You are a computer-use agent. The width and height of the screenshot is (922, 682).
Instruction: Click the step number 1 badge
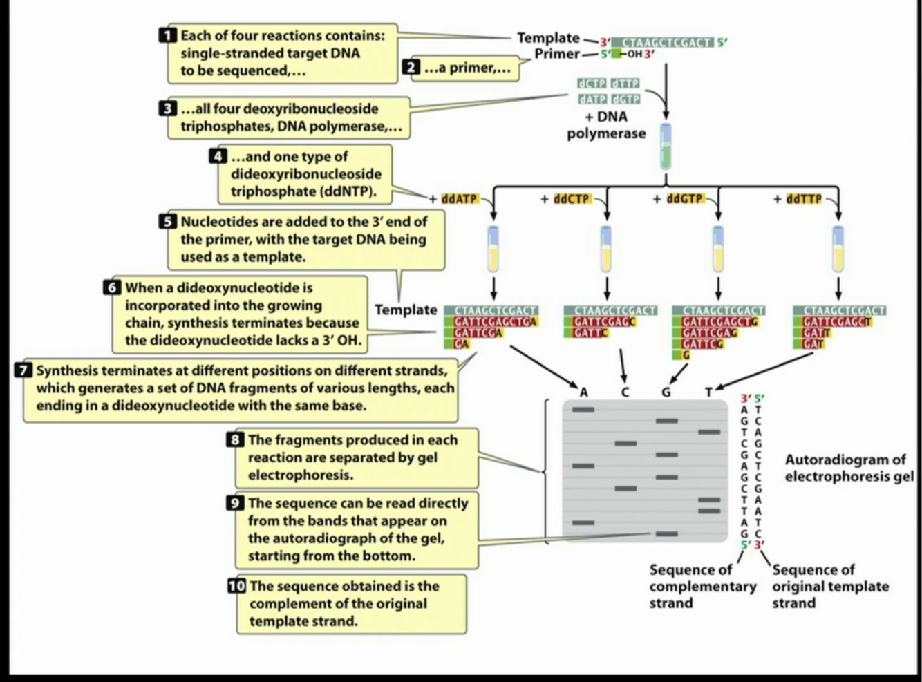coord(168,35)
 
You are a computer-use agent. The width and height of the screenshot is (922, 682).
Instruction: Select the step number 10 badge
coord(236,586)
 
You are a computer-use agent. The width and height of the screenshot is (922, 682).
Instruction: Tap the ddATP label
coord(459,199)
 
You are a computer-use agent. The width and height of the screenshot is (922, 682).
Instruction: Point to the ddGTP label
coord(684,199)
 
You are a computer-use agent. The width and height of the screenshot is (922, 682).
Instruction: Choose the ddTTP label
coord(804,199)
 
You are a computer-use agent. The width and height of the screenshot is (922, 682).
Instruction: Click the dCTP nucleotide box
coord(592,84)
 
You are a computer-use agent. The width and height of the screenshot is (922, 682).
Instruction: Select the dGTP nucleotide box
coord(625,99)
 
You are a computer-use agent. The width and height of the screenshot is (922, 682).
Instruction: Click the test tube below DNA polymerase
coord(666,146)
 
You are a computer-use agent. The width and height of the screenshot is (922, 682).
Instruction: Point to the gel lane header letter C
coord(625,392)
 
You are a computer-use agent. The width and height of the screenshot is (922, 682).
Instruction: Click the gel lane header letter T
coord(708,392)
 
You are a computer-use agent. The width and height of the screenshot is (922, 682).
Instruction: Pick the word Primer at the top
coord(556,54)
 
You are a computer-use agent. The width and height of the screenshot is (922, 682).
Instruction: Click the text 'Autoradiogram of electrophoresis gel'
coord(849,468)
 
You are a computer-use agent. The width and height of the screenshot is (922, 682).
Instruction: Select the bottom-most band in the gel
coord(667,534)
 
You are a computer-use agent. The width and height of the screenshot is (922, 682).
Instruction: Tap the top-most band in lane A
coord(583,410)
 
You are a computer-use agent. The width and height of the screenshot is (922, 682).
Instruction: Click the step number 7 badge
coord(24,370)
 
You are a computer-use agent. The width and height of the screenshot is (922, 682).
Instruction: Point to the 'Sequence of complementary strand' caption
coord(702,586)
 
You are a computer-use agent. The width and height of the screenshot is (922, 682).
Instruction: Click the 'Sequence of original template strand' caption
coord(830,586)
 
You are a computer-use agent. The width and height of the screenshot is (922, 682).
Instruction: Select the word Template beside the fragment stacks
coord(406,310)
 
